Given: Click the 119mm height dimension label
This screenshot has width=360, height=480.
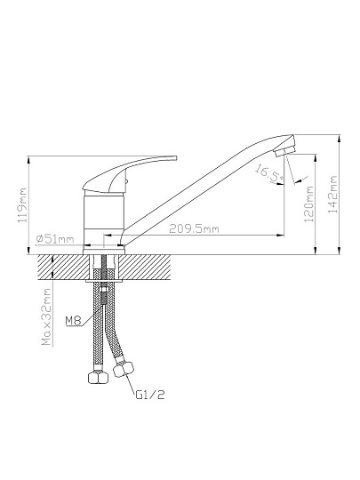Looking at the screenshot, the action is [x=23, y=204].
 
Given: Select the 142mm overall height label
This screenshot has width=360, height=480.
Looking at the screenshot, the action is [x=332, y=195].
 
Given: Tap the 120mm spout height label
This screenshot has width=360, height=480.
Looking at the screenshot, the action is [x=308, y=204].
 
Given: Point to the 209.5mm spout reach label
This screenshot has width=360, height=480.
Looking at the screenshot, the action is [x=194, y=228].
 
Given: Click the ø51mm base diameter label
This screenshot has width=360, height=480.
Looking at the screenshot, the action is [x=55, y=238].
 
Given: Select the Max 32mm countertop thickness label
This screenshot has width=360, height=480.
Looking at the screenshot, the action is [x=46, y=316].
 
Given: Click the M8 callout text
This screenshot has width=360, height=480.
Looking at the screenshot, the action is [x=74, y=321].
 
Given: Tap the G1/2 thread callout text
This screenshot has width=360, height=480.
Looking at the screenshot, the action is [x=150, y=395].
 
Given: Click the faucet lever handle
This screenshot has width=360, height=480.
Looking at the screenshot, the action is [x=129, y=174].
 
